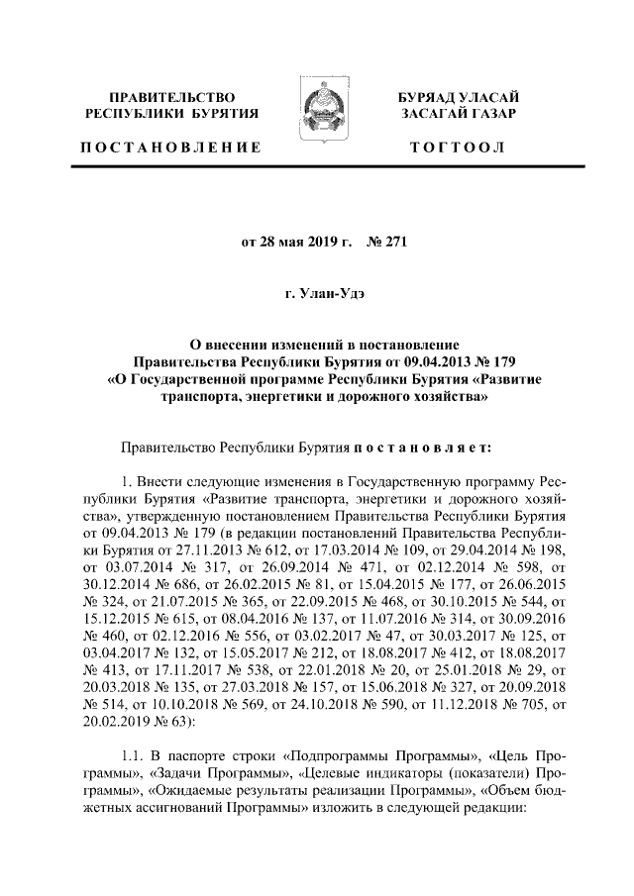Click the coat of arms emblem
pos(317,111)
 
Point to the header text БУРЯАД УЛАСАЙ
pos(458,97)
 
